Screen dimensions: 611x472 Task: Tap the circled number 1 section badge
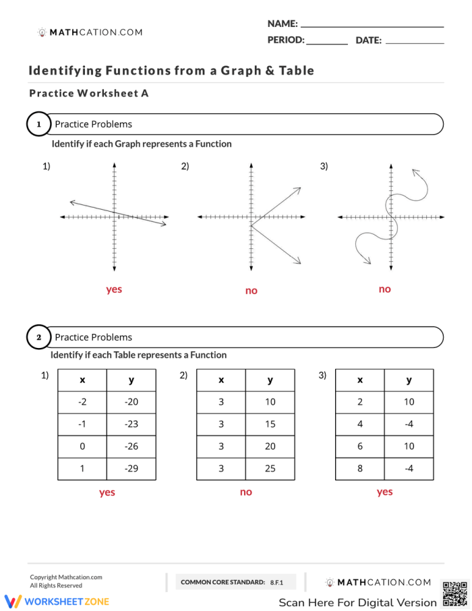pyautogui.click(x=38, y=124)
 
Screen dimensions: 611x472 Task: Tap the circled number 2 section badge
pyautogui.click(x=38, y=337)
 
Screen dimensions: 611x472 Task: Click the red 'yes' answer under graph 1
pyautogui.click(x=114, y=289)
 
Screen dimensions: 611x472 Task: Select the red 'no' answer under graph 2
pyautogui.click(x=251, y=291)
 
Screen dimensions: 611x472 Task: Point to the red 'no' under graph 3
pyautogui.click(x=384, y=289)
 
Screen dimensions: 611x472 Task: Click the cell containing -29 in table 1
pyautogui.click(x=131, y=469)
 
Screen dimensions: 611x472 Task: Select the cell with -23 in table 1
pyautogui.click(x=131, y=424)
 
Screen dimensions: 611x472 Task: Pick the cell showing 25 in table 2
pyautogui.click(x=270, y=469)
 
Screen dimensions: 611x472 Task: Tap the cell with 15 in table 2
pyautogui.click(x=270, y=424)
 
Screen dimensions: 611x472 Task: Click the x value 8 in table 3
pyautogui.click(x=360, y=469)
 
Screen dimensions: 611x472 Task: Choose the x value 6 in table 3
pyautogui.click(x=360, y=446)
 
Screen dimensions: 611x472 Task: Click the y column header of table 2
pyautogui.click(x=270, y=380)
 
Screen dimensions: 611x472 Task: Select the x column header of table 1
pyautogui.click(x=82, y=380)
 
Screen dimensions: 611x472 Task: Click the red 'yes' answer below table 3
pyautogui.click(x=384, y=492)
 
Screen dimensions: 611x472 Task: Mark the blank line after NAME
pyautogui.click(x=372, y=26)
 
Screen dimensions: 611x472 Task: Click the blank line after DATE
pyautogui.click(x=414, y=42)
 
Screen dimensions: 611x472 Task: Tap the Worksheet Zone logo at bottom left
pyautogui.click(x=57, y=601)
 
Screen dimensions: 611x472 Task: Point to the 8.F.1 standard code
pyautogui.click(x=276, y=582)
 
